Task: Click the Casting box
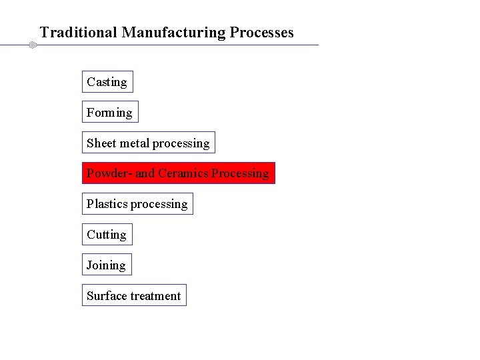107,82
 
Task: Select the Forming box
110,113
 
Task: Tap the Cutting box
107,235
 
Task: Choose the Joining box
106,265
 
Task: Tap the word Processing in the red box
241,173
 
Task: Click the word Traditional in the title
79,32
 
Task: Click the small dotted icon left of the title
31,45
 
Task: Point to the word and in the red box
145,173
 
